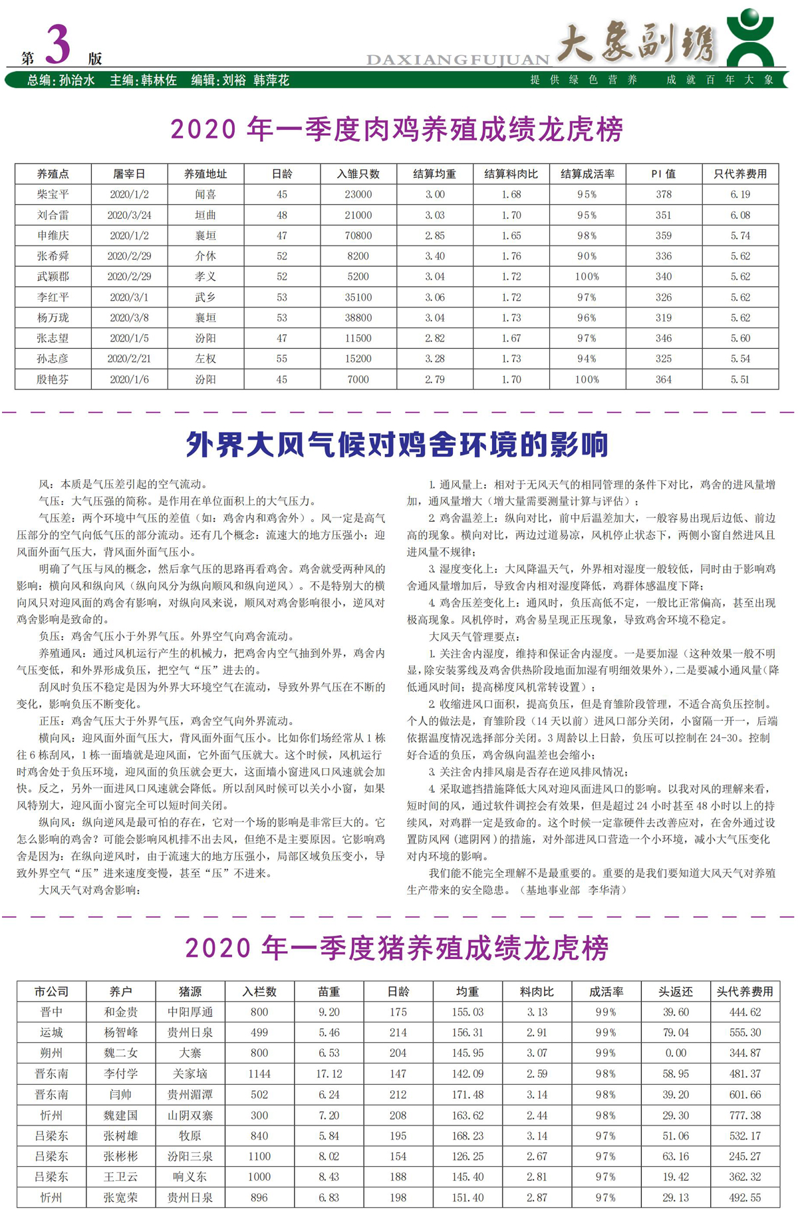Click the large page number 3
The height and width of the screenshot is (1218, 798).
(x=58, y=45)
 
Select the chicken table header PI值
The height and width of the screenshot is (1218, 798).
(x=663, y=174)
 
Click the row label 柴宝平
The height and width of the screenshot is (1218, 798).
(x=53, y=194)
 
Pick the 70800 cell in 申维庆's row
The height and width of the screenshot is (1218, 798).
(x=358, y=236)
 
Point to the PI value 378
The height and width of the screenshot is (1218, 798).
(x=663, y=194)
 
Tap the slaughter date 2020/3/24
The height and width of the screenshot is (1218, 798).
(x=129, y=215)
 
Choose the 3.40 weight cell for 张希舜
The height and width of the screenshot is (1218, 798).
(x=434, y=256)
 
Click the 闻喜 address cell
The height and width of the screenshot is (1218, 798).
(x=205, y=194)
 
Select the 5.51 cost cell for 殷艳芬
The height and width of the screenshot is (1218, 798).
(x=739, y=379)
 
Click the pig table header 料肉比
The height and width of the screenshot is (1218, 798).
(x=536, y=992)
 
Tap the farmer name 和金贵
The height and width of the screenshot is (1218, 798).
(x=120, y=1012)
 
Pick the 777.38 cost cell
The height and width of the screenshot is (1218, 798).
(x=744, y=1115)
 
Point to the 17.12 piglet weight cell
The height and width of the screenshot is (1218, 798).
(x=329, y=1074)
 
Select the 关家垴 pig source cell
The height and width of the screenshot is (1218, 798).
(x=190, y=1074)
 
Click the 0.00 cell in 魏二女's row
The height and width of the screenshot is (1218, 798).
(x=675, y=1053)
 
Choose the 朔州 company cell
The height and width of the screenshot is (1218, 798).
(x=51, y=1053)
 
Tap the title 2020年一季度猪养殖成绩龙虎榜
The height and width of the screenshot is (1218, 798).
(x=397, y=948)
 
